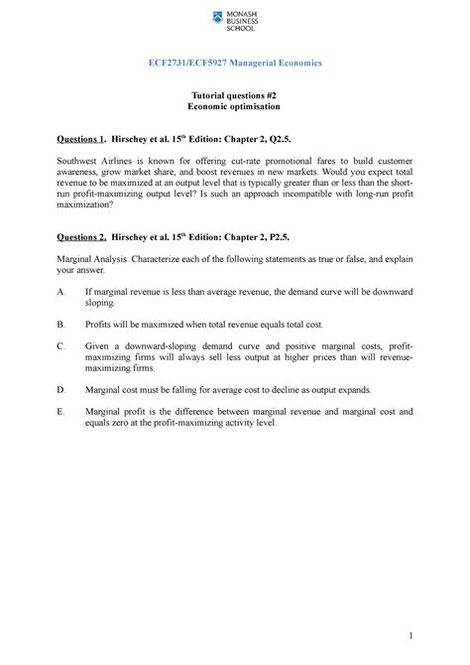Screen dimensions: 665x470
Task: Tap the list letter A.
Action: coord(61,292)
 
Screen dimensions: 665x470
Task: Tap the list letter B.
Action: coord(61,325)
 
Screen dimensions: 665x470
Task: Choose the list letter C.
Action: coord(61,344)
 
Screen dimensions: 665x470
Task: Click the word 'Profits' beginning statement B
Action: coord(100,325)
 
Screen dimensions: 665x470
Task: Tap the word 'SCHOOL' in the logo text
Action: coord(245,26)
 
